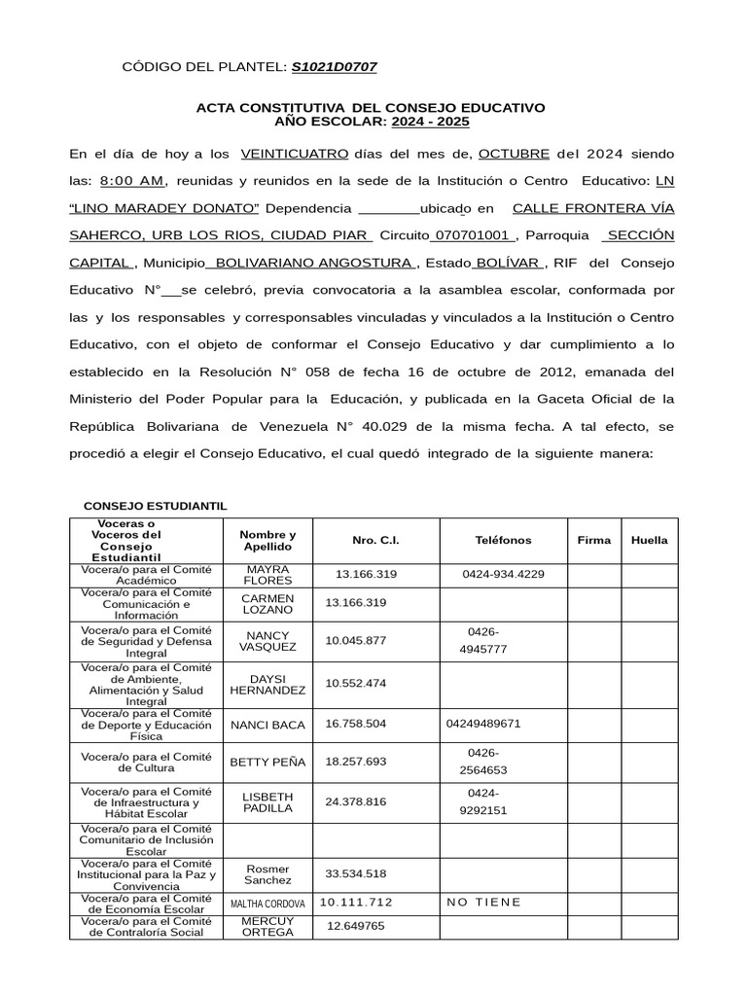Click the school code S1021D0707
(x=334, y=67)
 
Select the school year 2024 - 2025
(x=430, y=122)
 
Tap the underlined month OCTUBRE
(x=514, y=154)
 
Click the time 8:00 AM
(x=131, y=181)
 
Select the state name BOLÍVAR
(x=508, y=263)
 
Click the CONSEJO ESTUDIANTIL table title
(x=155, y=507)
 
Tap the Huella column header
(x=649, y=540)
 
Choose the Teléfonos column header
(x=503, y=540)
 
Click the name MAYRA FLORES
(x=267, y=574)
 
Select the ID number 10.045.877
(x=356, y=640)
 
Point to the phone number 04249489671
(x=484, y=724)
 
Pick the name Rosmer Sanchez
(x=267, y=873)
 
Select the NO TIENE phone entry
(x=483, y=902)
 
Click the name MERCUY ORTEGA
(x=267, y=926)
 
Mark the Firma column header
(x=594, y=540)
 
